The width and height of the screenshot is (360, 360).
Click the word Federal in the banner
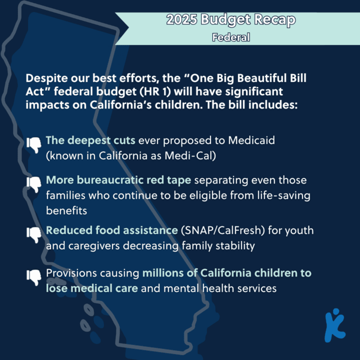[x=231, y=37]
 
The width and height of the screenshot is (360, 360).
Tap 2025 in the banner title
[x=181, y=19]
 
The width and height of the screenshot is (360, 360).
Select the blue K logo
[x=335, y=325]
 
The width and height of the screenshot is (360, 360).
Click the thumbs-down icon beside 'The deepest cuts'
[x=34, y=145]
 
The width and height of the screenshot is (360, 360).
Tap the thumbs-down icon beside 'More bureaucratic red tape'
[x=34, y=184]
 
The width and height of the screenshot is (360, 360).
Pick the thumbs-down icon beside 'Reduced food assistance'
[x=34, y=235]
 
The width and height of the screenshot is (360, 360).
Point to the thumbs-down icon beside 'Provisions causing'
[x=34, y=277]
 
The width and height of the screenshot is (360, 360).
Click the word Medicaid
[x=251, y=140]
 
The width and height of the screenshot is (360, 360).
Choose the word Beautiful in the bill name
[x=261, y=78]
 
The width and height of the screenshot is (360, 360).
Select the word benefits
[x=66, y=210]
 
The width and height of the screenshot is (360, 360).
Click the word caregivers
[x=94, y=246]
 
